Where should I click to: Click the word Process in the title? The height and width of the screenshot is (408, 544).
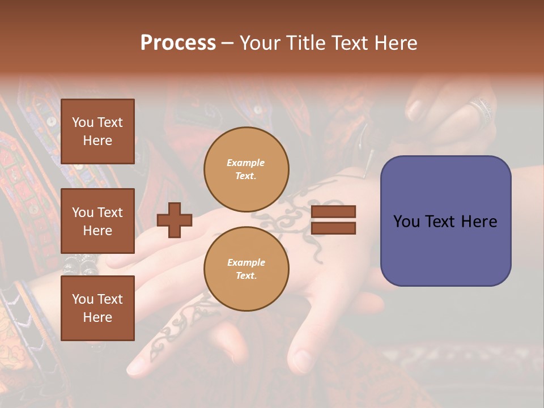[x=178, y=43]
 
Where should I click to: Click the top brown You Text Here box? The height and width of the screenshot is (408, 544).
[x=97, y=131]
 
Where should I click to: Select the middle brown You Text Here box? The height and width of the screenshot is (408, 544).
[x=97, y=221]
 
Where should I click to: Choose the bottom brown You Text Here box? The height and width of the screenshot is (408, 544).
[x=97, y=308]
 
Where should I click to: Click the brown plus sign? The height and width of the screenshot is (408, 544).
[x=175, y=220]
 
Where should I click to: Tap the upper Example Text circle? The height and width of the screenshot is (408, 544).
[x=246, y=169]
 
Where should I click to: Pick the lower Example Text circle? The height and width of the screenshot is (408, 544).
[x=246, y=269]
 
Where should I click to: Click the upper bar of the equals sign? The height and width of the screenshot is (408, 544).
[x=333, y=212]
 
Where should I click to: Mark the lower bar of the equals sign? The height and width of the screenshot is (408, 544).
[x=333, y=228]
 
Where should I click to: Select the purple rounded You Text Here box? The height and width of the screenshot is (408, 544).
[x=445, y=221]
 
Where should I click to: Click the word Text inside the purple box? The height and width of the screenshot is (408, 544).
[x=445, y=222]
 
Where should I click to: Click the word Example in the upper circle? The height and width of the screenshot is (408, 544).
[x=246, y=163]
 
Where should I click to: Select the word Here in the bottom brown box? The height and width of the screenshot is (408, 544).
[x=97, y=317]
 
